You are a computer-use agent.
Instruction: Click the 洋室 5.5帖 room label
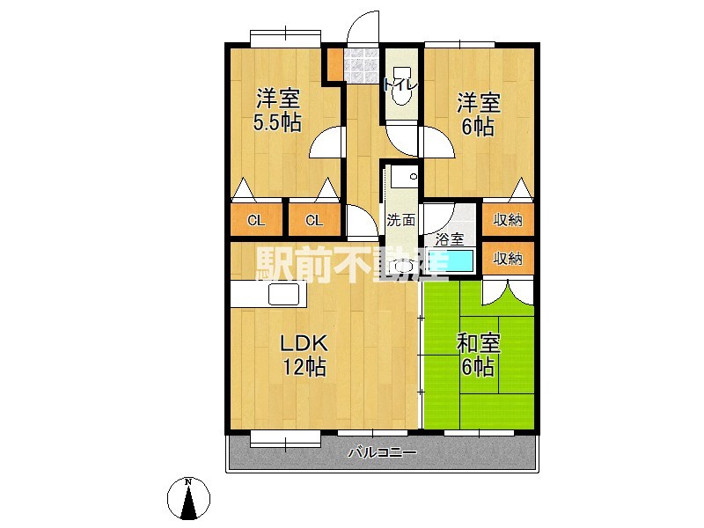pos(277,109)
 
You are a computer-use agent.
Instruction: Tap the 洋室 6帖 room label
pos(479,113)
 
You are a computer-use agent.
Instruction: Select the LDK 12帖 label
pos(304,354)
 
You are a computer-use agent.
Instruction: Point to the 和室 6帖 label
pos(479,354)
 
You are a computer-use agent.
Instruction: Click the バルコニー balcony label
pos(381,453)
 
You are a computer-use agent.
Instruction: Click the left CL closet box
pos(256,220)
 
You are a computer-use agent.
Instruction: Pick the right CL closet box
pos(312,220)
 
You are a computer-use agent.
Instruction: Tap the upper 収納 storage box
pos(508,220)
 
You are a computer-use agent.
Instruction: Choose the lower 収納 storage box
pos(508,258)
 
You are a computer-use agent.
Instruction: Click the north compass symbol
pos(189,498)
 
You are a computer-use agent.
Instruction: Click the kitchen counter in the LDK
pos(268,294)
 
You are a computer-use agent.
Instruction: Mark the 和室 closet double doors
pos(507,292)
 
